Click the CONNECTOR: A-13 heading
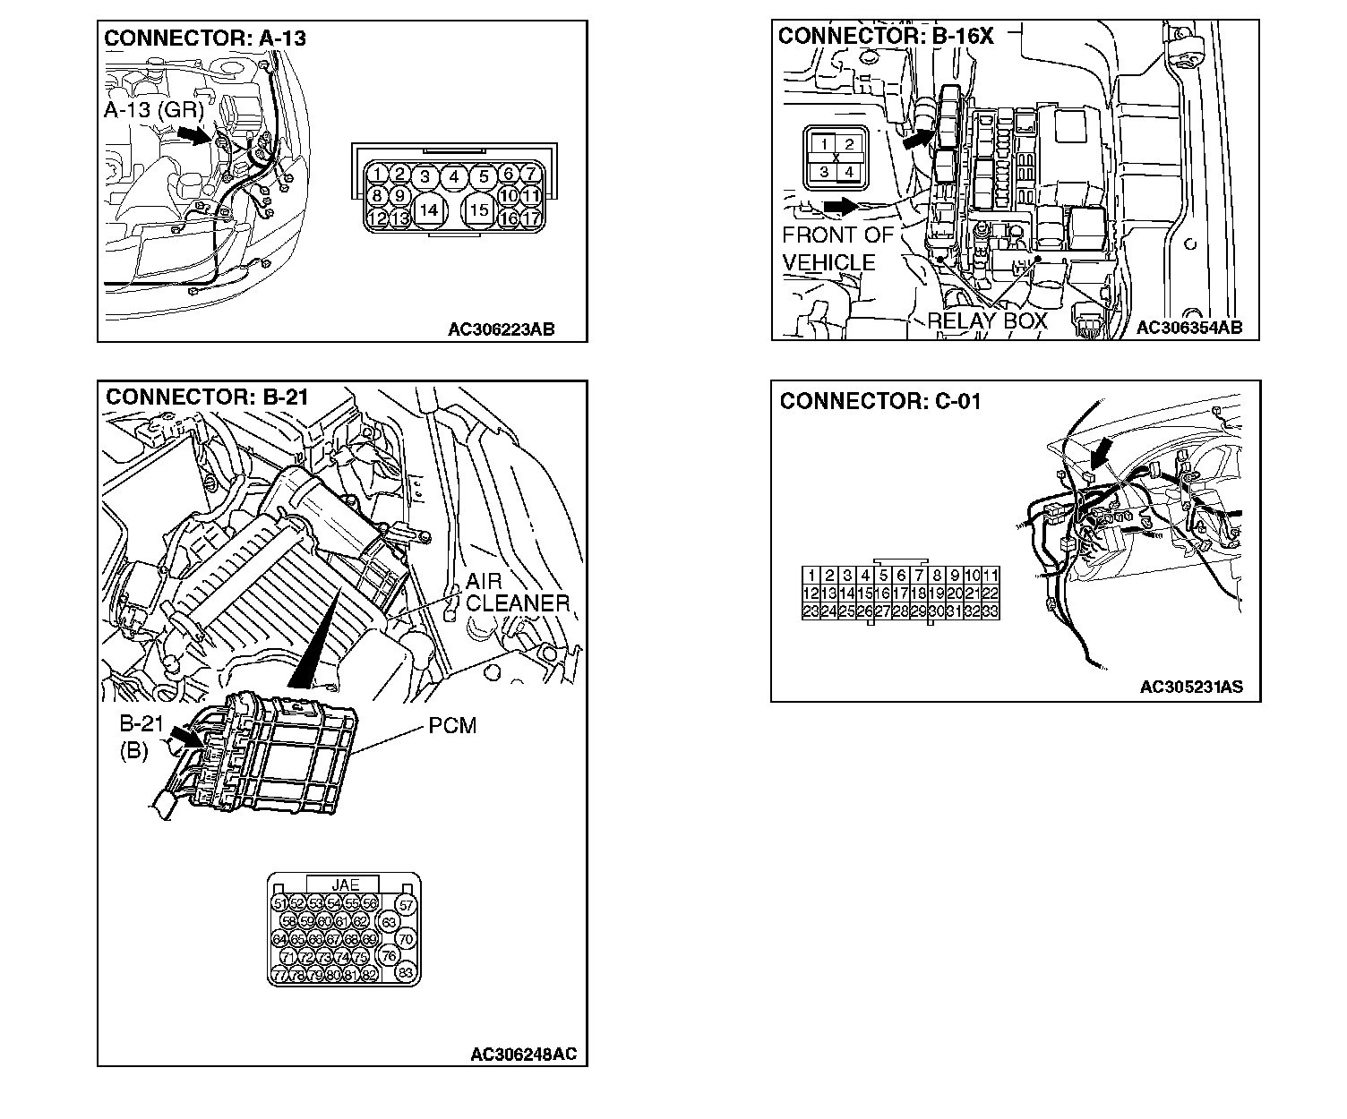point(205,38)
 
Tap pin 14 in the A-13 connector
point(430,209)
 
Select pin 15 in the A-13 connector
point(480,209)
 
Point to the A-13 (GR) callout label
point(153,110)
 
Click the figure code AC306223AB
point(501,329)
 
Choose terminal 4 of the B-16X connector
point(848,171)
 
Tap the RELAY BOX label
point(986,320)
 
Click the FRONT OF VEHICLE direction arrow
point(839,207)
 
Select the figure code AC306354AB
point(1188,328)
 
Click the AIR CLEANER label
point(518,593)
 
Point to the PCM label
point(452,725)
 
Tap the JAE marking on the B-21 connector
point(344,884)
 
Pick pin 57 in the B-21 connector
point(406,905)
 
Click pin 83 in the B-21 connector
point(406,973)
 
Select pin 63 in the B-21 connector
point(388,921)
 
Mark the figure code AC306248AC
point(524,1055)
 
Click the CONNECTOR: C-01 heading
point(879,401)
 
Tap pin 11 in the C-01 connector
point(991,576)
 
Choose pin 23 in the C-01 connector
point(811,611)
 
